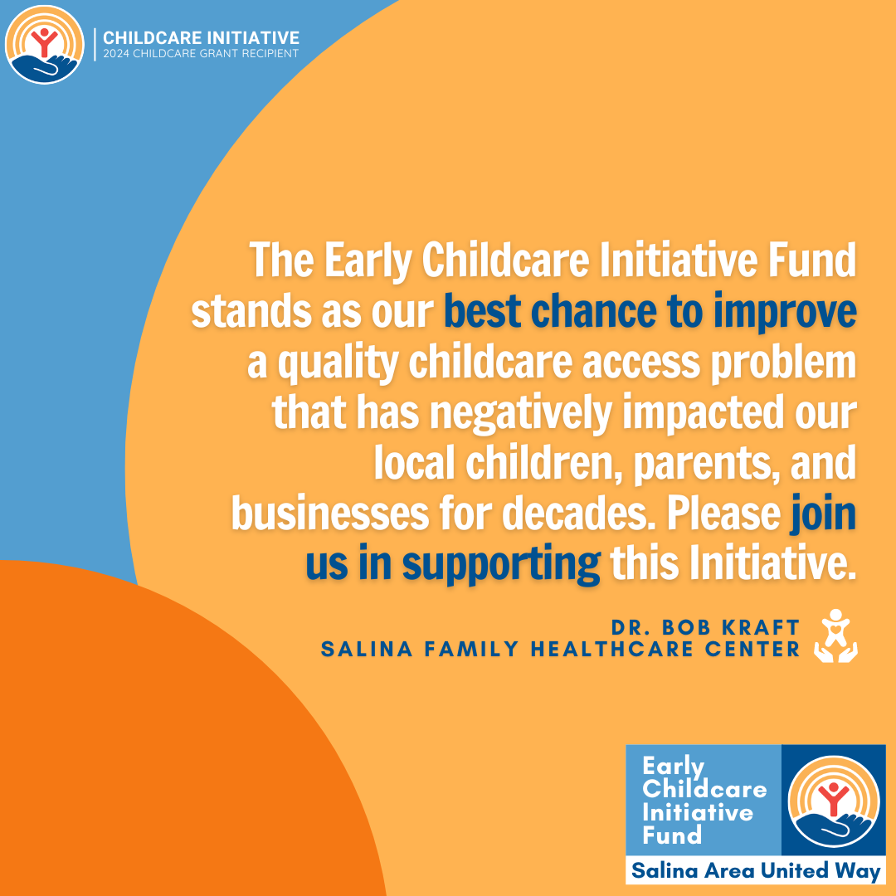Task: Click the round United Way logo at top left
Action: [x=45, y=45]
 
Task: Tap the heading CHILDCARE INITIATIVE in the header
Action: [x=201, y=37]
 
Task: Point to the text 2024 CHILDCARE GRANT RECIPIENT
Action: [x=201, y=54]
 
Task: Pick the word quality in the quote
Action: [x=338, y=363]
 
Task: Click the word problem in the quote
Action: [x=783, y=363]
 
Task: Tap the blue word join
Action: [x=823, y=515]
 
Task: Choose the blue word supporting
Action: [x=501, y=565]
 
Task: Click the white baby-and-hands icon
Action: [x=835, y=636]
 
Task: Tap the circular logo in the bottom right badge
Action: [x=833, y=801]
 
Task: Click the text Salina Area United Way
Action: [x=756, y=871]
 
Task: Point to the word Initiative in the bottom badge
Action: [x=697, y=812]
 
